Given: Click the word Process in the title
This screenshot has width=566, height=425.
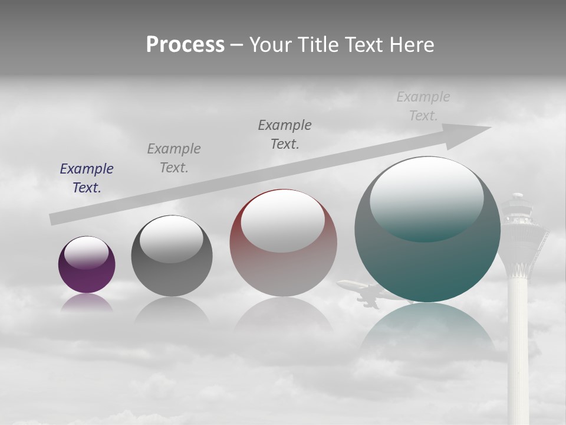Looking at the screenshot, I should tap(185, 45).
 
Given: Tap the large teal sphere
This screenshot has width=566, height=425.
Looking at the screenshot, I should tap(427, 266).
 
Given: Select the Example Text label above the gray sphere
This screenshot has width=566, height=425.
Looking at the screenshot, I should tap(174, 158).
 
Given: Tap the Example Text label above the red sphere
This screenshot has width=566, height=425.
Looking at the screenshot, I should tap(285, 134).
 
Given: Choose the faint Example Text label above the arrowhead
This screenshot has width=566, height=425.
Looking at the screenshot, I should tap(423, 106).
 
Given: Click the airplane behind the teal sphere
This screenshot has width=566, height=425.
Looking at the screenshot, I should tap(363, 293).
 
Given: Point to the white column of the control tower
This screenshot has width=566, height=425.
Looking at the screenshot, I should tap(519, 342).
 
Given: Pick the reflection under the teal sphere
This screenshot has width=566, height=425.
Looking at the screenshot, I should tap(427, 331).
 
